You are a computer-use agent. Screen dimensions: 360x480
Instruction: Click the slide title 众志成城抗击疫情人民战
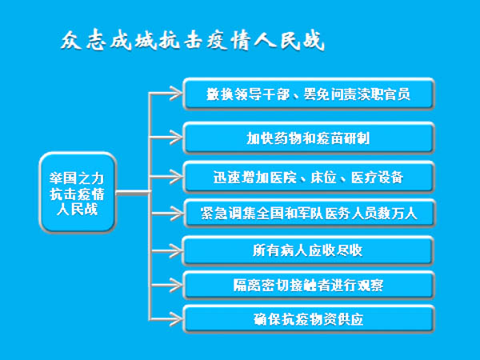point(193,41)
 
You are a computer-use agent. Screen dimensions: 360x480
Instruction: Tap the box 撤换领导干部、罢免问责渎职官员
point(308,95)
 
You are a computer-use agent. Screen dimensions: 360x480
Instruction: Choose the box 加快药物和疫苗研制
point(308,138)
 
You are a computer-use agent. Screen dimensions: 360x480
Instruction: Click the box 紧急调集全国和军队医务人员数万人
point(308,214)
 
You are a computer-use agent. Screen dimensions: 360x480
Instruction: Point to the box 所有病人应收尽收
point(308,250)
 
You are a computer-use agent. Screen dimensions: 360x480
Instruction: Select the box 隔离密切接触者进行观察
point(308,285)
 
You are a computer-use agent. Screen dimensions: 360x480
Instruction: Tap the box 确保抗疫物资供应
point(308,318)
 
